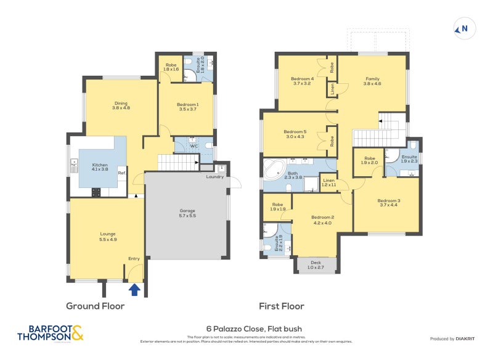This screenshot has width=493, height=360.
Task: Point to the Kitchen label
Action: (x=100, y=167)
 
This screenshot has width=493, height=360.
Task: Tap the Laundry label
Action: (x=215, y=178)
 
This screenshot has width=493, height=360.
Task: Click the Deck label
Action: (x=316, y=264)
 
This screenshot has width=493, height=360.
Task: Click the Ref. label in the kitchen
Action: (x=121, y=173)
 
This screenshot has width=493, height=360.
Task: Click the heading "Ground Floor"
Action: (x=96, y=306)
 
